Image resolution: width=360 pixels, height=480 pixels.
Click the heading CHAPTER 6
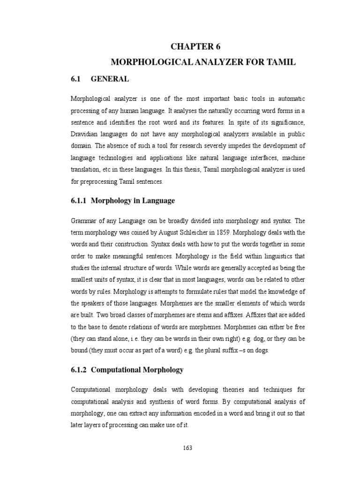[195, 46]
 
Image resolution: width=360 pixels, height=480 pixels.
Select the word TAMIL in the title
[280, 62]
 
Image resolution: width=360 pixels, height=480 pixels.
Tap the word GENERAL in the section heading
[110, 79]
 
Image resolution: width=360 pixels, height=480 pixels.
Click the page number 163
[187, 448]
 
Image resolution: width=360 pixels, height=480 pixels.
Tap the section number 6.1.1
[79, 201]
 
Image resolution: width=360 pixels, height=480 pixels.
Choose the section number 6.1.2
[79, 370]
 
